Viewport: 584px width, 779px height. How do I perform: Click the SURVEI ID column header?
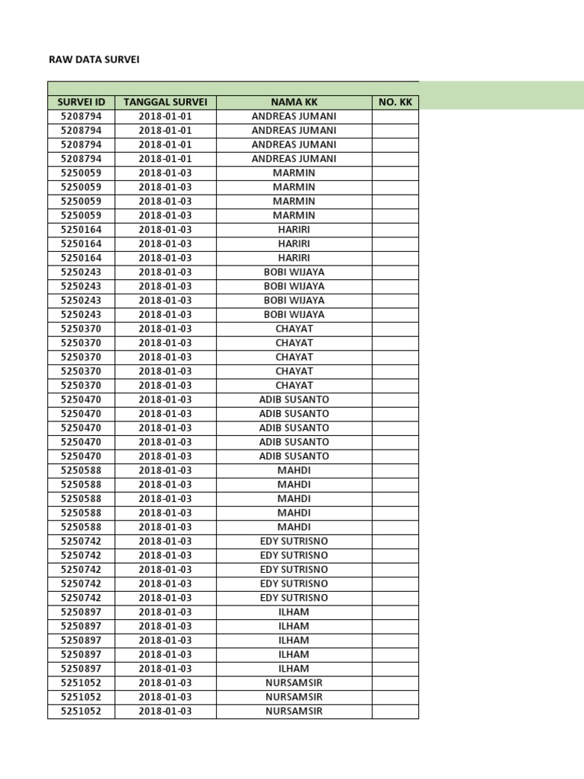pos(81,102)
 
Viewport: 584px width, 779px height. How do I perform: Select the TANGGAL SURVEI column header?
pos(165,102)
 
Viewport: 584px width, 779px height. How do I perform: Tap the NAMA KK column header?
pos(294,102)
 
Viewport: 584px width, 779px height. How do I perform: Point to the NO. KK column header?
pos(395,102)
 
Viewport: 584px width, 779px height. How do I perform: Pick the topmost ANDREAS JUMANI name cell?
pos(294,116)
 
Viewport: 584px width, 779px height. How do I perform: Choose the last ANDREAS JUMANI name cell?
pos(294,159)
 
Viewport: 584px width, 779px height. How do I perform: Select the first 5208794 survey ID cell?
pos(81,116)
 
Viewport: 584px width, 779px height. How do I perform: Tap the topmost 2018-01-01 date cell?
pos(165,116)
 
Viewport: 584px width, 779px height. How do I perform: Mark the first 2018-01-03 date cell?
pos(165,173)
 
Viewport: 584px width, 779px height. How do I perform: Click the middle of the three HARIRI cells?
pos(294,243)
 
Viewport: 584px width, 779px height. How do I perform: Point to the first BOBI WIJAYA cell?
pos(294,272)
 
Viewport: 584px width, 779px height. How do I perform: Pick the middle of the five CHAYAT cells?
pos(294,357)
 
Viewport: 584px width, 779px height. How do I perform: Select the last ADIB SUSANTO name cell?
pos(294,456)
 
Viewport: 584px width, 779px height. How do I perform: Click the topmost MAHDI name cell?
pos(294,470)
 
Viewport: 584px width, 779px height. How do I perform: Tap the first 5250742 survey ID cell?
pos(81,541)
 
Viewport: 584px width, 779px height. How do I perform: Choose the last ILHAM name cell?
pos(294,669)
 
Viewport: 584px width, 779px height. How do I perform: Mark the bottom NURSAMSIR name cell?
pos(294,711)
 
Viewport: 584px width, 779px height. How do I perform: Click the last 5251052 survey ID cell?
pos(81,711)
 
